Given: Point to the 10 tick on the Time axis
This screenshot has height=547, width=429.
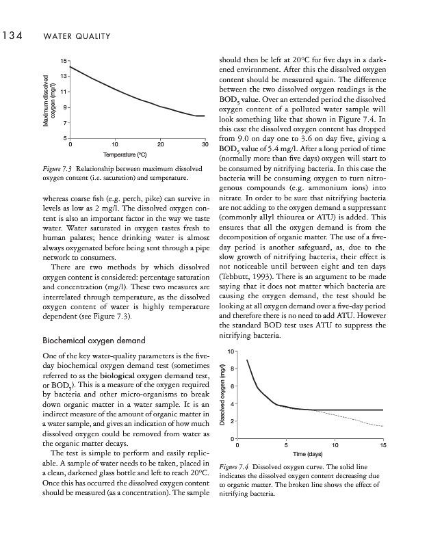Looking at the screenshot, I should (x=334, y=445).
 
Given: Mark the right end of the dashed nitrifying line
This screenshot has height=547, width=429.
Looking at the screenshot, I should (x=382, y=427).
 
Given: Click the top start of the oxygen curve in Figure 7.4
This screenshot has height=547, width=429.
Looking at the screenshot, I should (x=247, y=360).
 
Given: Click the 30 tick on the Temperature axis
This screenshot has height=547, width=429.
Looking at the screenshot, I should (x=205, y=144).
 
